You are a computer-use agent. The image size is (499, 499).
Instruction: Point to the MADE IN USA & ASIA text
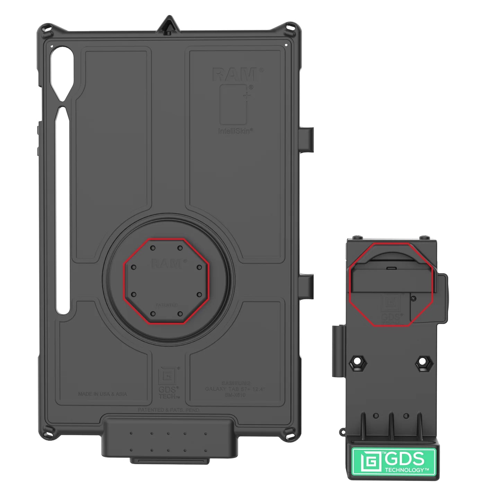point(103,394)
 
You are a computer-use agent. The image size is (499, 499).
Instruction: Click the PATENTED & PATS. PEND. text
point(169,410)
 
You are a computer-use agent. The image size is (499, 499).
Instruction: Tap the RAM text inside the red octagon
point(166,264)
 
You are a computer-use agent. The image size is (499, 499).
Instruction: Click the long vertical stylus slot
point(63,211)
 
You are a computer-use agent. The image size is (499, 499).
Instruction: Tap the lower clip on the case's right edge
point(308,283)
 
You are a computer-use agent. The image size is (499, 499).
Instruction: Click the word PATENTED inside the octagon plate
point(166,305)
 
